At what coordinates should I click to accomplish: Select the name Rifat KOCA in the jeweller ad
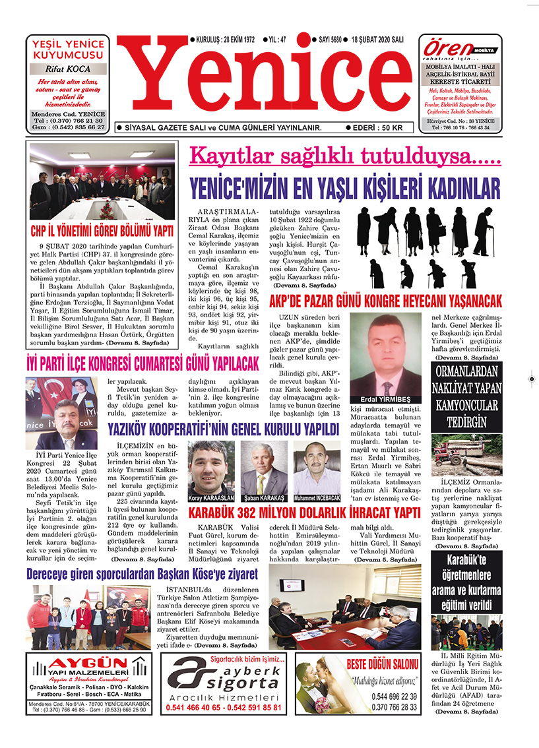click(x=68, y=69)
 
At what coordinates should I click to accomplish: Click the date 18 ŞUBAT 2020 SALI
click(x=377, y=40)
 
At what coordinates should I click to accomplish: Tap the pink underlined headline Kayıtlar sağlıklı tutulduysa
click(x=344, y=157)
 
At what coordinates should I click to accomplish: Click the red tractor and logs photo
click(x=467, y=454)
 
